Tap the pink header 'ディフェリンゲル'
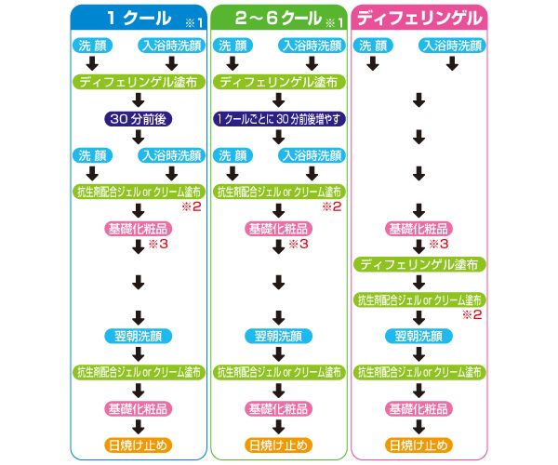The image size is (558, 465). [419, 17]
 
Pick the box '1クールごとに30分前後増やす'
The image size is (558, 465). [278, 118]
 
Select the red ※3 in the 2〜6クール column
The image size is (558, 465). [297, 245]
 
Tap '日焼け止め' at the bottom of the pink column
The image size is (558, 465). [419, 444]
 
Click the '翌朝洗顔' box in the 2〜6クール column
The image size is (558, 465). [278, 335]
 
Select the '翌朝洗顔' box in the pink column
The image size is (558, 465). [419, 335]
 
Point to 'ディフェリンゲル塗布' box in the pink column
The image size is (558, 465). [419, 264]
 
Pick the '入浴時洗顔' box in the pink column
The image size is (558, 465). [452, 44]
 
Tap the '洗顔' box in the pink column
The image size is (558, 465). [373, 44]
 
